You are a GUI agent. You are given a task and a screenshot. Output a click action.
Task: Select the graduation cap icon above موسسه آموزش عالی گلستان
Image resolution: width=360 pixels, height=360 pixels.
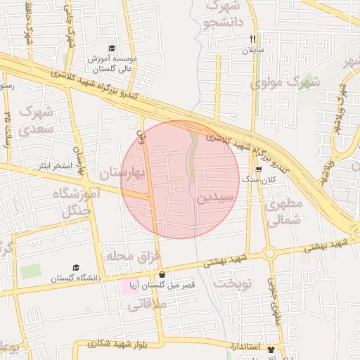pyautogui.click(x=111, y=48)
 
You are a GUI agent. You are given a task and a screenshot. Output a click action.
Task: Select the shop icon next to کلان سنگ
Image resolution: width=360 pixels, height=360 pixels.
pyautogui.click(x=259, y=169)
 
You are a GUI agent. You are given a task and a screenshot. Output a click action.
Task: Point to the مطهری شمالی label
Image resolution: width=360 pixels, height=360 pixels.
pyautogui.click(x=283, y=212)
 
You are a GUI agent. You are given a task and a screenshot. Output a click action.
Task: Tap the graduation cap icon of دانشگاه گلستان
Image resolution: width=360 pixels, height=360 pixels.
pyautogui.click(x=75, y=267)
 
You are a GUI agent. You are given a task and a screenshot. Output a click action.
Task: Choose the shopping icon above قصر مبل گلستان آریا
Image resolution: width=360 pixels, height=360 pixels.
pyautogui.click(x=162, y=275)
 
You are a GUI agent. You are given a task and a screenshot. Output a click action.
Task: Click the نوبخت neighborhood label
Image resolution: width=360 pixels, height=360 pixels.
pyautogui.click(x=231, y=284)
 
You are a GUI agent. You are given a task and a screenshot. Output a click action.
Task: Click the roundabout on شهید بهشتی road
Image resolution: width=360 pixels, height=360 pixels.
pyautogui.click(x=269, y=254)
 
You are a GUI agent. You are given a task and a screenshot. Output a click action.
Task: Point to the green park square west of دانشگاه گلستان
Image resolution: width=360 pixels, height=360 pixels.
pyautogui.click(x=30, y=271)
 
